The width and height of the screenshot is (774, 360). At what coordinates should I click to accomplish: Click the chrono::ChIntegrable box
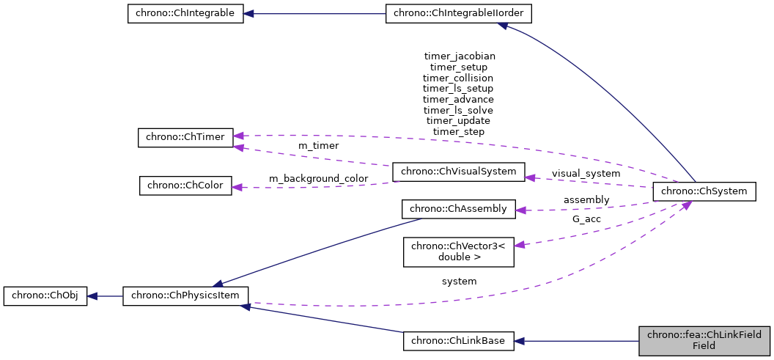pos(185,14)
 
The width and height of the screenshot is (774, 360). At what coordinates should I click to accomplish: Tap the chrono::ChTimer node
pos(185,137)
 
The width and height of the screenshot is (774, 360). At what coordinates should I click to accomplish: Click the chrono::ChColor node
pos(185,185)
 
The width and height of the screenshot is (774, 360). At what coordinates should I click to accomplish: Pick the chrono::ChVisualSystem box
pos(459,172)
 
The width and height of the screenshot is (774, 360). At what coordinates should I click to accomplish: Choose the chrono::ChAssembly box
pos(459,209)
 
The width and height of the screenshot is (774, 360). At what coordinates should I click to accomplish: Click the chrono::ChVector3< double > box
pos(459,251)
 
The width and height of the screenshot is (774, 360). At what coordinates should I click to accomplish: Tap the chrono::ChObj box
pos(45,296)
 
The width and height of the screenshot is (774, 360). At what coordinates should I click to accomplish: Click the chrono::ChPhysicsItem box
pos(185,296)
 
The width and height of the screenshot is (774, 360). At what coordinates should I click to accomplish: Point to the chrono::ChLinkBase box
pos(459,341)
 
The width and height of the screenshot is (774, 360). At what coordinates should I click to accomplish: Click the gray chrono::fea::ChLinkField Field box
pos(704,341)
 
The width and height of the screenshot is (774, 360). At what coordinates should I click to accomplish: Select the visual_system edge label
pos(586,174)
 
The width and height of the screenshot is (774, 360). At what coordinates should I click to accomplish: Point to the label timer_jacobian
pos(459,56)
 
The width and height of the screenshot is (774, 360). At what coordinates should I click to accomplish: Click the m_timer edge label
pos(318,146)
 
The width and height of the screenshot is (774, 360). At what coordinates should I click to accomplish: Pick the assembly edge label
pos(586,199)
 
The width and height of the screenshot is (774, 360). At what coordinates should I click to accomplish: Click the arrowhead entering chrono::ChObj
pos(93,296)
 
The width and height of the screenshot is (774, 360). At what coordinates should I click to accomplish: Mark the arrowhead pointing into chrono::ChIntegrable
pos(249,14)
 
